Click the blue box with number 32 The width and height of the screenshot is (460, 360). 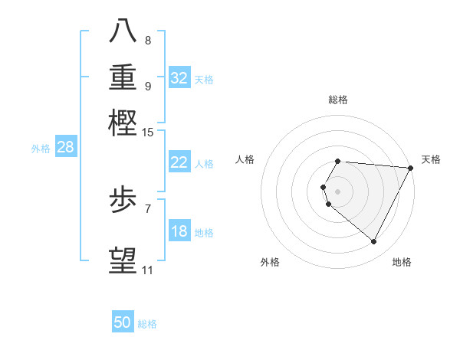[179, 78]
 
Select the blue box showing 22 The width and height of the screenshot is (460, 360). [179, 162]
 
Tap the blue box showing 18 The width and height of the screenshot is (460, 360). [179, 231]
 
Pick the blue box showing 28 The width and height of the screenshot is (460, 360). [65, 148]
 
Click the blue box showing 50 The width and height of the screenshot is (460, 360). [123, 323]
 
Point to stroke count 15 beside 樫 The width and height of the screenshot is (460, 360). [147, 133]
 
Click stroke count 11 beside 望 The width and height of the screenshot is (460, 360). [147, 270]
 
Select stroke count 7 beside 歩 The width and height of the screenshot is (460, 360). [148, 208]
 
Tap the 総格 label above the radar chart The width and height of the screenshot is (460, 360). [338, 100]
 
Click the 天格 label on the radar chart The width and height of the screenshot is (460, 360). [431, 159]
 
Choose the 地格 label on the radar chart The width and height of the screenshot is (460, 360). [402, 262]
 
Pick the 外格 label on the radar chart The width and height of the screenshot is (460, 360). [270, 262]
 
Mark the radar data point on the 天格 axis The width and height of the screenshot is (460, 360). [411, 168]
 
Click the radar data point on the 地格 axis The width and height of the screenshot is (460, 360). [374, 242]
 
